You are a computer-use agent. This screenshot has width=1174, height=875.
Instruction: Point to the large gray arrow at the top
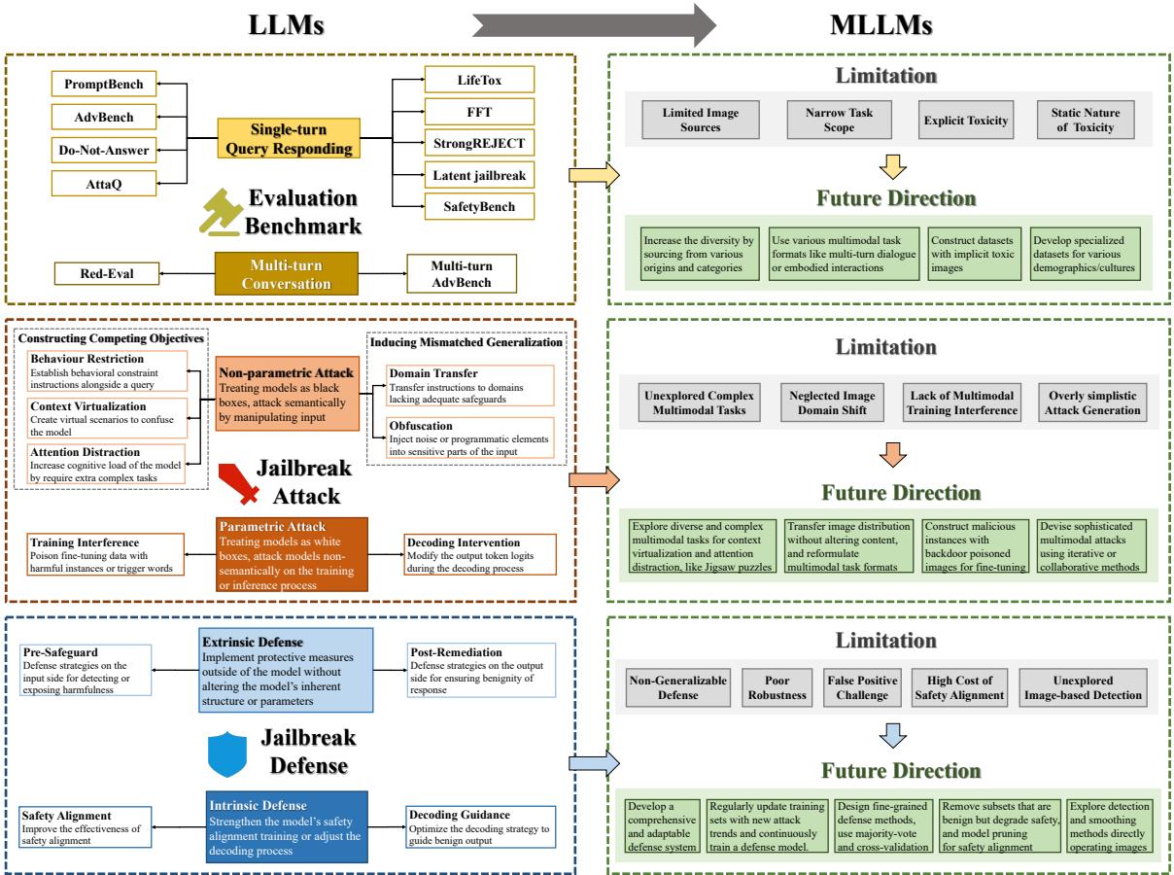coord(584,25)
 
